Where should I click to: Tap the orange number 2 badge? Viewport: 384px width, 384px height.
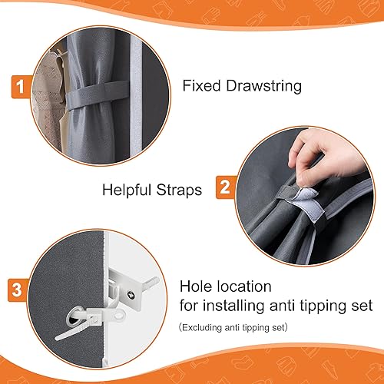coord(224,185)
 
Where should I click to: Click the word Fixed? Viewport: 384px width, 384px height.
coord(201,85)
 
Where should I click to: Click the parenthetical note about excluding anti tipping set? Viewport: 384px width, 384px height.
coord(243,328)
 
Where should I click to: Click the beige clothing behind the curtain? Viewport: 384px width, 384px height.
coord(50,77)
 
